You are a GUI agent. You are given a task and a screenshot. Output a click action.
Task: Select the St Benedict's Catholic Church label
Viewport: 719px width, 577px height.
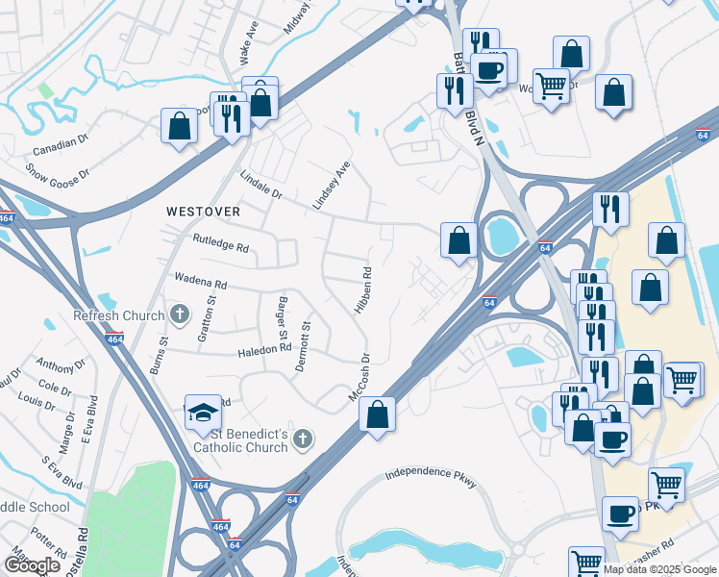pyautogui.click(x=240, y=440)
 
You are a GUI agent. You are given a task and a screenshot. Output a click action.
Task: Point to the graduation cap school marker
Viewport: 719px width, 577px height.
pyautogui.click(x=204, y=413)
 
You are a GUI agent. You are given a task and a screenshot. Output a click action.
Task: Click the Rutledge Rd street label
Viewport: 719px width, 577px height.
pyautogui.click(x=220, y=245)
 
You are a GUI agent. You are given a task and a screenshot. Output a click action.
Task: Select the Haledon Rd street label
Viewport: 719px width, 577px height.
pyautogui.click(x=264, y=353)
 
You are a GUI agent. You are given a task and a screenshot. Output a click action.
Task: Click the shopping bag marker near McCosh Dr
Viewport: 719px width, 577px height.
pyautogui.click(x=378, y=415)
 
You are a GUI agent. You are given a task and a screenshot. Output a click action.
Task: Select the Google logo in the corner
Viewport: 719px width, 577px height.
pyautogui.click(x=32, y=565)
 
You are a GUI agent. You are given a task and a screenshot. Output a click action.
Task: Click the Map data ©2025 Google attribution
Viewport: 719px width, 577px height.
pyautogui.click(x=659, y=569)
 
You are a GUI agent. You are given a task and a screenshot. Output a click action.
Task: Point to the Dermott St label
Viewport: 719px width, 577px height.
pyautogui.click(x=307, y=343)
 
